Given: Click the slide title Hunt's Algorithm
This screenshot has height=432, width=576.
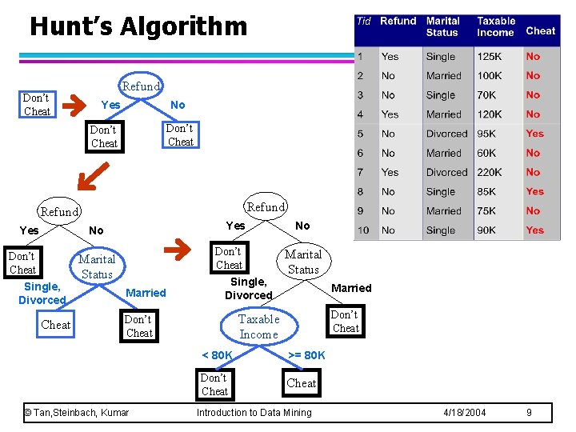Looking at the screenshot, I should point(138,26).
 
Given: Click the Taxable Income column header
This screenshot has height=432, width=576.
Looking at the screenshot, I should point(496,27).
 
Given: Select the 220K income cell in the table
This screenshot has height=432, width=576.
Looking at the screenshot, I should point(490,172).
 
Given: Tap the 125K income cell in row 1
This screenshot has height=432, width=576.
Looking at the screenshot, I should point(490,57).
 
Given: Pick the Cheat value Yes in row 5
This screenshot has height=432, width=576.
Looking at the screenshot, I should point(534,134).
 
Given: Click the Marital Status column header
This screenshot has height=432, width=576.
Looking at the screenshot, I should point(443,27).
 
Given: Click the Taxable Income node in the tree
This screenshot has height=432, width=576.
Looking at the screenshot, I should point(258,326).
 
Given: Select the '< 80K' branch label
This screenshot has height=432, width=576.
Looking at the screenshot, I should point(217,355).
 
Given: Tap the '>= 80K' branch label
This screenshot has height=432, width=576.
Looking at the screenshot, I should point(306,355).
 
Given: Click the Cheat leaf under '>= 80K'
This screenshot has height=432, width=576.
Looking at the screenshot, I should point(302,383).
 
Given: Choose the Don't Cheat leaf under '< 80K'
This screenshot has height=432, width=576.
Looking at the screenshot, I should point(214,385).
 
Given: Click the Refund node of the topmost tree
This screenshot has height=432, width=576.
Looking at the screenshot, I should point(141,86).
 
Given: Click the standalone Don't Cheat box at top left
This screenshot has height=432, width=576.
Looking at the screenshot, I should point(37,105).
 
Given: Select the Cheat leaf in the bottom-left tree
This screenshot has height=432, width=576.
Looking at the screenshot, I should point(56,325).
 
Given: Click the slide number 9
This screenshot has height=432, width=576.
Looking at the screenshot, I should point(529,413).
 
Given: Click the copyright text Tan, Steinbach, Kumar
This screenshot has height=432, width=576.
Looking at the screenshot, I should point(77,413).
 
